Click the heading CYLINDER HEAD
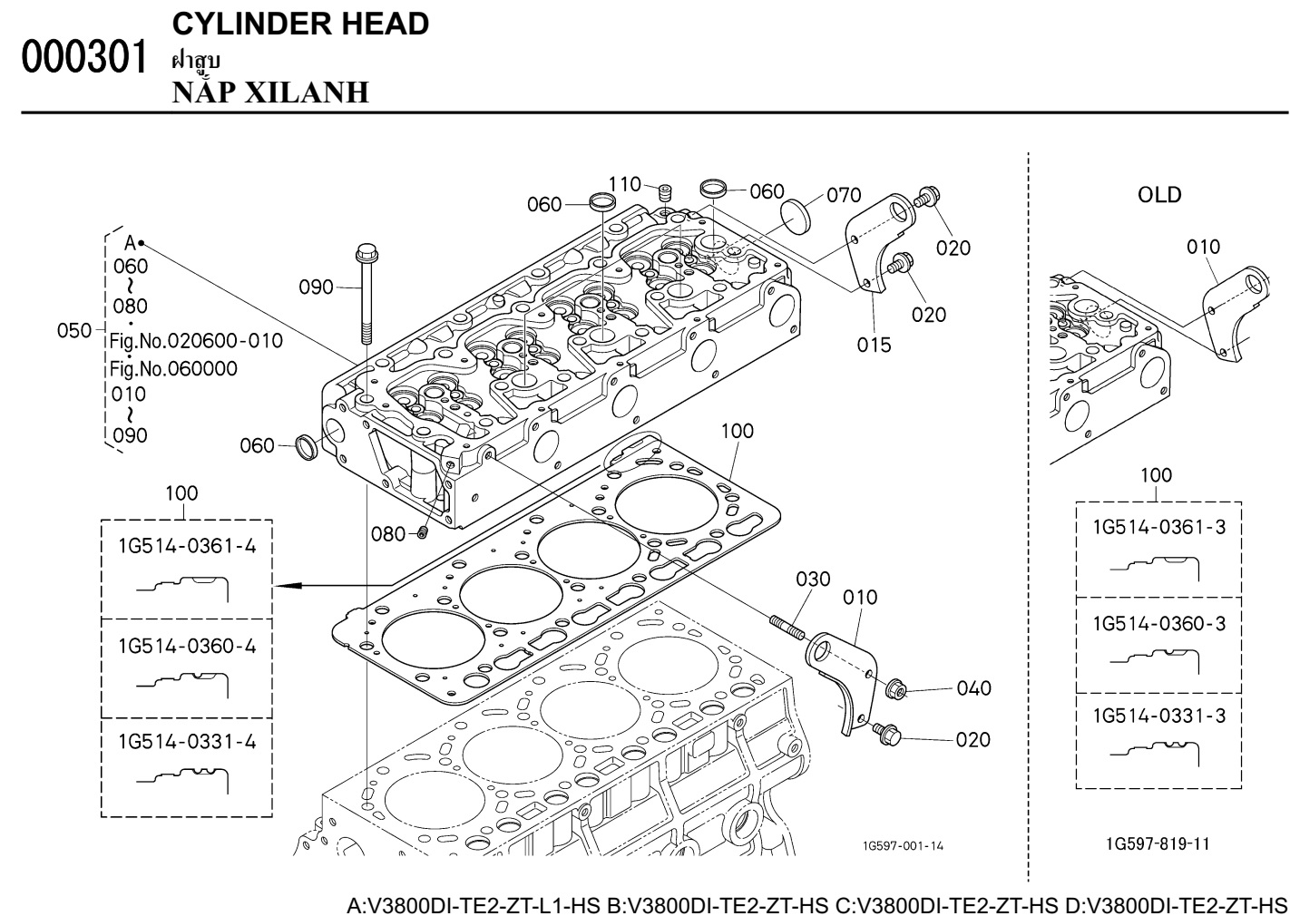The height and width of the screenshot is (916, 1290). tap(300, 24)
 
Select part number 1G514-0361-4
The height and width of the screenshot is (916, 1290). tap(187, 546)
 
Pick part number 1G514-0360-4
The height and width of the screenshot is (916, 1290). tap(187, 646)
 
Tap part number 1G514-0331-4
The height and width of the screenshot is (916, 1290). tap(187, 742)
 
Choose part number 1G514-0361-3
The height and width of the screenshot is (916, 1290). tap(1158, 527)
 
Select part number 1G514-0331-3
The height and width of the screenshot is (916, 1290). tap(1158, 716)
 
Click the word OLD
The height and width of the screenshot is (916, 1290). tap(1159, 195)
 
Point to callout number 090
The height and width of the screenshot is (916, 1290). tap(317, 287)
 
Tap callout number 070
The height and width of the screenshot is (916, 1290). tap(844, 195)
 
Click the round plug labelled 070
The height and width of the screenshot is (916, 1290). tap(795, 216)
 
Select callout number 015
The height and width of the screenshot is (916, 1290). tap(875, 345)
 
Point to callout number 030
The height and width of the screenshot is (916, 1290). tap(813, 579)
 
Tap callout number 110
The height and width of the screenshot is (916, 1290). tap(625, 185)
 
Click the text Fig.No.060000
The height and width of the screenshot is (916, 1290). tap(173, 368)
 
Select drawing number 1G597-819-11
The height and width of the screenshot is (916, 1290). tap(1158, 844)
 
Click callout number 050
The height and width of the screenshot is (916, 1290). tap(74, 330)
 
